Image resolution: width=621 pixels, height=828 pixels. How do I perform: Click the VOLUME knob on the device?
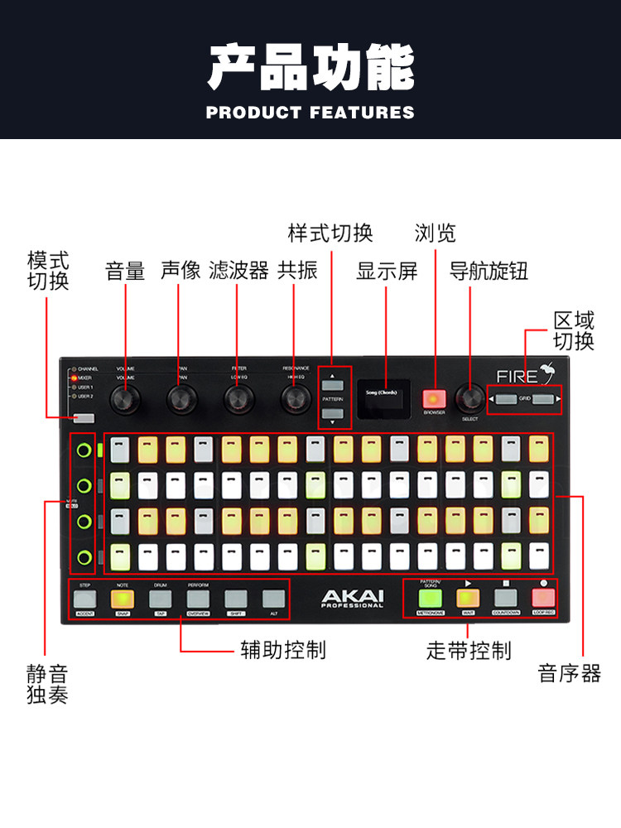coord(126,399)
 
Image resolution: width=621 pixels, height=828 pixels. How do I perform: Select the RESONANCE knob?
coord(295,399)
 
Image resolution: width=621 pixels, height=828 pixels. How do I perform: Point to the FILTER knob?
coord(238,399)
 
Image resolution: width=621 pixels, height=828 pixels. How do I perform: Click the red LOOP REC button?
coord(543,597)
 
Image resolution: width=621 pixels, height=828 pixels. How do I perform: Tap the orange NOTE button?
coord(123,598)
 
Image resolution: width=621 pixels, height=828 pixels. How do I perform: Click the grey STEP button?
coord(85,598)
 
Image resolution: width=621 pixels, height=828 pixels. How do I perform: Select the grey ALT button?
coord(273,598)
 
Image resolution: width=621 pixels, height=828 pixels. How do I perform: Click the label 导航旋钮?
coord(489,271)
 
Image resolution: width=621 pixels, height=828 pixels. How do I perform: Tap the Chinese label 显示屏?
coord(387,271)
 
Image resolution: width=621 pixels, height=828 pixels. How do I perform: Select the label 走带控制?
coord(469,651)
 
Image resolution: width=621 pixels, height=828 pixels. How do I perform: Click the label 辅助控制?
coord(282,651)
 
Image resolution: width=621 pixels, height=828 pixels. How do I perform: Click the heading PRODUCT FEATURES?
coord(310,112)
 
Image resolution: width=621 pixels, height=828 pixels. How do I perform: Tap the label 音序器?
coord(570,674)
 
